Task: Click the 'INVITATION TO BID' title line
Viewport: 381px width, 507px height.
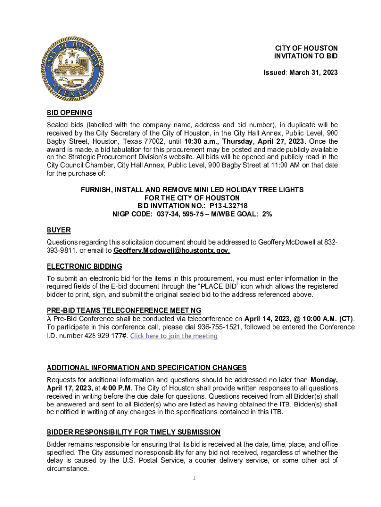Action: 306,56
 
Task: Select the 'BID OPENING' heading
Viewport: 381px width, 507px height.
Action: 69,113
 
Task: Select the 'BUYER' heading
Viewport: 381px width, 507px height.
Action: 58,230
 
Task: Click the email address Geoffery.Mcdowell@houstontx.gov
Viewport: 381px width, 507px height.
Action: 172,251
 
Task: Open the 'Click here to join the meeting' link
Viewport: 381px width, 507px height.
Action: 173,336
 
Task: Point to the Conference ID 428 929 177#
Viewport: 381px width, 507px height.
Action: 102,336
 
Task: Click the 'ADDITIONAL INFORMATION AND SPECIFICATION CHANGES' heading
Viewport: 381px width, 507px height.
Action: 146,368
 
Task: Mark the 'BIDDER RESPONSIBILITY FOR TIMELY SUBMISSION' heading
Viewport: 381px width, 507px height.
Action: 134,432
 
